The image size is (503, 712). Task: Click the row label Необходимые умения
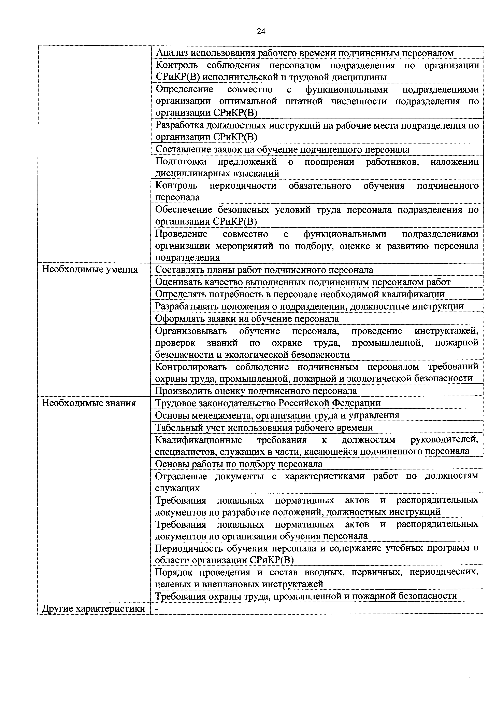tap(90, 270)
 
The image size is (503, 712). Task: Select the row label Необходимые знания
tap(89, 403)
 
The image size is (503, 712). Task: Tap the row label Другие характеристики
tap(94, 608)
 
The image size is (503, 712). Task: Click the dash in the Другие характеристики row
tap(157, 609)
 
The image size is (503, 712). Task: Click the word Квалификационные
tap(199, 440)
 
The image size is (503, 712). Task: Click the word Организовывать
tap(191, 331)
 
